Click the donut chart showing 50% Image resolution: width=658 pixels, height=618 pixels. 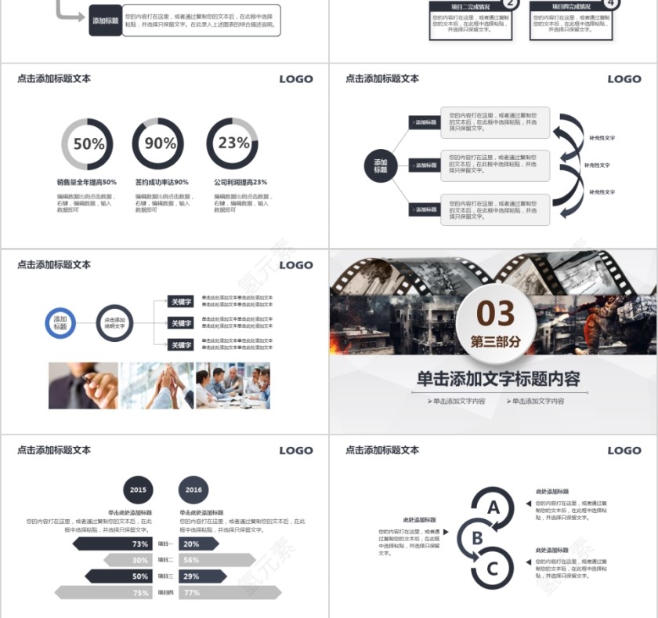pyautogui.click(x=87, y=144)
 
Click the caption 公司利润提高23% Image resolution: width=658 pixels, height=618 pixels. pyautogui.click(x=240, y=182)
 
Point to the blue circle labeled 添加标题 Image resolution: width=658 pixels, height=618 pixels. pyautogui.click(x=60, y=322)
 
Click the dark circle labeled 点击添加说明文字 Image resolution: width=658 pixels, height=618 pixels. pyautogui.click(x=115, y=322)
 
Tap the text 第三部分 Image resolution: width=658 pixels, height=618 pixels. pyautogui.click(x=495, y=341)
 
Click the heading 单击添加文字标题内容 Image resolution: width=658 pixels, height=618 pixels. pyautogui.click(x=498, y=379)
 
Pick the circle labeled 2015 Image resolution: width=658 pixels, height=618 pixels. pyautogui.click(x=138, y=489)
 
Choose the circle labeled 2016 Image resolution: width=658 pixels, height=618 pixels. pyautogui.click(x=193, y=489)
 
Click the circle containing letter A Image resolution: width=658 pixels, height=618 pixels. pyautogui.click(x=493, y=507)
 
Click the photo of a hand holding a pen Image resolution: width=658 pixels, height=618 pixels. pyautogui.click(x=83, y=385)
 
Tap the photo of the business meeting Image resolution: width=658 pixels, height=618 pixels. pyautogui.click(x=233, y=385)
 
